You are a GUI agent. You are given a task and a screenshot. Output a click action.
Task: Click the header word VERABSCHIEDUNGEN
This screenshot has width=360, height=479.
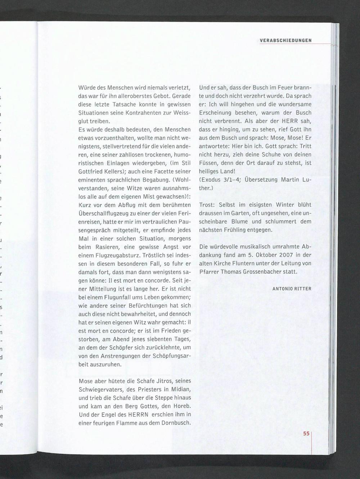coord(285,40)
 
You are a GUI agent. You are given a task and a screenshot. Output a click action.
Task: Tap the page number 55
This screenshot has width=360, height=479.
coord(306,434)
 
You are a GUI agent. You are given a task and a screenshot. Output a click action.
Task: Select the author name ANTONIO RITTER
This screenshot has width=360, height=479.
coord(292,288)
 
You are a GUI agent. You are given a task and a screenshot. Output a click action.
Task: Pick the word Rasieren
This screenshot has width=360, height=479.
coord(107,247)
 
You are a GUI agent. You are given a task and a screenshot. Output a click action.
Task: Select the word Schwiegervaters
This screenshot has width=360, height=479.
coord(102,389)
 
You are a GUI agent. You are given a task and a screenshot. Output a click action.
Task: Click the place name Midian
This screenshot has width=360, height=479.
coord(181,389)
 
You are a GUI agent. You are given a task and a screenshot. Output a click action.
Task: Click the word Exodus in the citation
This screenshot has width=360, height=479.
coord(210,180)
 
